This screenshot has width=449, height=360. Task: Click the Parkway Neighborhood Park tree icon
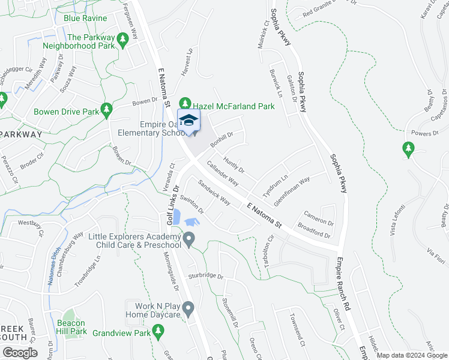click(x=122, y=41)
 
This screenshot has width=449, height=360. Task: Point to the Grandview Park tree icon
click(x=158, y=330)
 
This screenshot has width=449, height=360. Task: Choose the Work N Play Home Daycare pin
click(x=188, y=310)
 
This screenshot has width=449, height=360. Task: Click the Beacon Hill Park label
click(x=72, y=327)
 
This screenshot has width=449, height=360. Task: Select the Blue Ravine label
click(x=85, y=19)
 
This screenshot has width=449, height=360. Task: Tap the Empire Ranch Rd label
click(x=347, y=281)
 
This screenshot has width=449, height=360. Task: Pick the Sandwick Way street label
click(x=214, y=193)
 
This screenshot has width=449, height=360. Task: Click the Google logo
click(x=19, y=352)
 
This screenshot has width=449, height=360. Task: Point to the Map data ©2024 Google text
click(x=411, y=355)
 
